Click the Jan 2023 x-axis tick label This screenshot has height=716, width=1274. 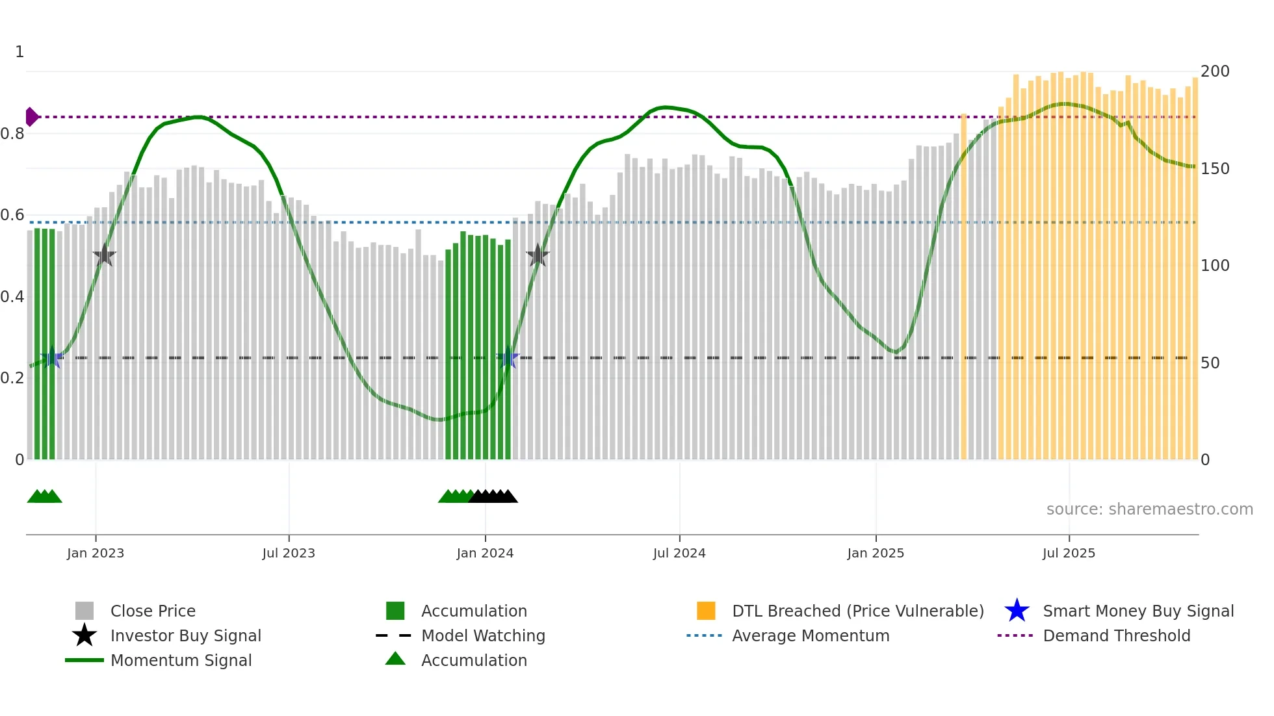[x=96, y=554]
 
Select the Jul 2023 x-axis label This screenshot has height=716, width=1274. [x=289, y=554]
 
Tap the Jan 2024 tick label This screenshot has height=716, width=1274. [x=485, y=554]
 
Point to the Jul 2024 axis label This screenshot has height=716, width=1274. [x=679, y=554]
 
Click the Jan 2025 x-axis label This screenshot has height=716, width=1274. [x=876, y=554]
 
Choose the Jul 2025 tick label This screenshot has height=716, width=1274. [x=1069, y=554]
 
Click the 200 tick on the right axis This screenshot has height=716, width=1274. [x=1215, y=71]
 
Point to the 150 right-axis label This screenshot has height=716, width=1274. [x=1215, y=169]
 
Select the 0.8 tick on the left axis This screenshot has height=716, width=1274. [x=12, y=134]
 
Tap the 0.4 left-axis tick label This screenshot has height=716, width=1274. [x=12, y=297]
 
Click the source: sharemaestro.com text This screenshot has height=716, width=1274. [x=1149, y=509]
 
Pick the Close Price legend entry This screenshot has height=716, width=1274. [x=153, y=611]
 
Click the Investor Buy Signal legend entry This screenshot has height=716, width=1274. [x=185, y=636]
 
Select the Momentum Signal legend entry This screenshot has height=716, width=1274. [x=181, y=661]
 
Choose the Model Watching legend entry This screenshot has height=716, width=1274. [x=483, y=636]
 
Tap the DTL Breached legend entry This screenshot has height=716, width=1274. [x=857, y=611]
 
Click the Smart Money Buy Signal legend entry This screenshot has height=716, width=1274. [x=1138, y=611]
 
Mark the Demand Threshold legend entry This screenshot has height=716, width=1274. [x=1116, y=636]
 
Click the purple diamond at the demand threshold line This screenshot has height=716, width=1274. [x=31, y=117]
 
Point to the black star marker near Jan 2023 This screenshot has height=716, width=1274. [x=104, y=255]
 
